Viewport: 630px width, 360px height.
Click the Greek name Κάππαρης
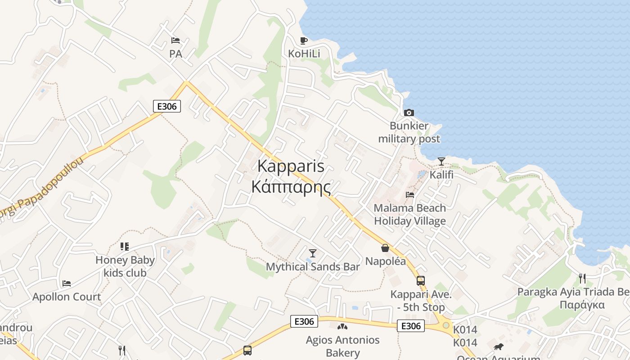[291, 186]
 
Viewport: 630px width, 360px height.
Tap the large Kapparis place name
[291, 166]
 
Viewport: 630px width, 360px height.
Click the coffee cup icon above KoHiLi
[304, 40]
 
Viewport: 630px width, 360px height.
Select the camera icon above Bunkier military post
[409, 112]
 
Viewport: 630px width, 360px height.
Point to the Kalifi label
[441, 175]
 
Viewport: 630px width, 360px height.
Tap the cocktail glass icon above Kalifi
[441, 161]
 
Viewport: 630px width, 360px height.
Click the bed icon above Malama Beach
[410, 195]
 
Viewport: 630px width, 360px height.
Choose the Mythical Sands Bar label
[313, 267]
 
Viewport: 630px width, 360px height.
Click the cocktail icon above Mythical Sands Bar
[313, 253]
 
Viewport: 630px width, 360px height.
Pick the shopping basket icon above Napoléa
[385, 248]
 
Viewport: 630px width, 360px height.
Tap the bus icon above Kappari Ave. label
[420, 281]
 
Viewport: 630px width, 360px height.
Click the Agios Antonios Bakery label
[343, 346]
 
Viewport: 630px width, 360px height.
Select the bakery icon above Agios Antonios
[342, 326]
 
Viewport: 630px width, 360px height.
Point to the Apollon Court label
[67, 297]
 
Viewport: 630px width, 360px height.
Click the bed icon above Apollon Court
[67, 283]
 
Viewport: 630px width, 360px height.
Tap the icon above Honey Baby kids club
[125, 247]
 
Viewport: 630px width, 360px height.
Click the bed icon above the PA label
[175, 41]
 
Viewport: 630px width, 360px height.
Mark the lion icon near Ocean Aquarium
[498, 346]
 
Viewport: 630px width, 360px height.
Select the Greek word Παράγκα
[582, 305]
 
